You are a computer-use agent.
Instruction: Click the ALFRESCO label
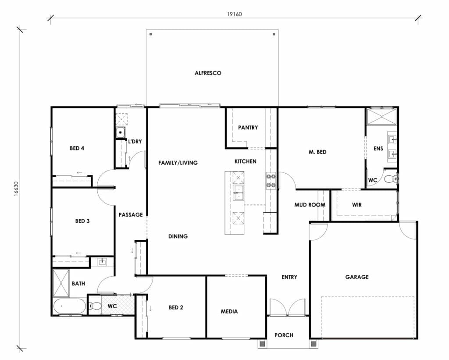pyautogui.click(x=208, y=73)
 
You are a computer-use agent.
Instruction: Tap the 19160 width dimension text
pyautogui.click(x=235, y=14)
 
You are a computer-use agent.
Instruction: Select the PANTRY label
pyautogui.click(x=248, y=128)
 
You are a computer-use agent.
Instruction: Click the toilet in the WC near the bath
pyautogui.click(x=95, y=307)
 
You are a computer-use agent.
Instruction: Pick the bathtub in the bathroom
pyautogui.click(x=70, y=307)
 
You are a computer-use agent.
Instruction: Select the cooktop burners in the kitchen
pyautogui.click(x=271, y=181)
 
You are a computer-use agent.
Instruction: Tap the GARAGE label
pyautogui.click(x=356, y=277)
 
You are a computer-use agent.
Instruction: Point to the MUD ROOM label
pyautogui.click(x=310, y=205)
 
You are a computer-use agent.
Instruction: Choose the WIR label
pyautogui.click(x=357, y=205)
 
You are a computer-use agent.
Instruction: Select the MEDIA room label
pyautogui.click(x=229, y=311)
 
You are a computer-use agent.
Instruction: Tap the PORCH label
pyautogui.click(x=284, y=335)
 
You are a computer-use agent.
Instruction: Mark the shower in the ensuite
pyautogui.click(x=381, y=117)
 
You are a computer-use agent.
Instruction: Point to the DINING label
pyautogui.click(x=178, y=236)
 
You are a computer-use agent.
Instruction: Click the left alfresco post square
pyautogui.click(x=150, y=34)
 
